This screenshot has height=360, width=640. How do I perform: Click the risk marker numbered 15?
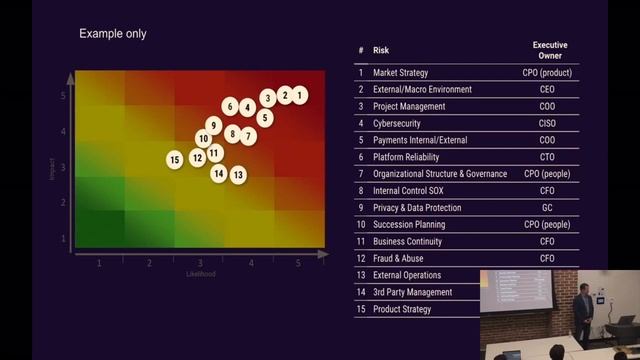pyautogui.click(x=175, y=159)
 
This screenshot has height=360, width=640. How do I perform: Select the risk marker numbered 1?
pyautogui.click(x=301, y=95)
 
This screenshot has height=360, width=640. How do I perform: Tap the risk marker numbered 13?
pyautogui.click(x=238, y=175)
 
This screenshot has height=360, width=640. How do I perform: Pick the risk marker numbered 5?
pyautogui.click(x=265, y=117)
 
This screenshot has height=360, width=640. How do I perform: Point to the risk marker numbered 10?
pyautogui.click(x=204, y=139)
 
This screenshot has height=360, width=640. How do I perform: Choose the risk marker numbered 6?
pyautogui.click(x=230, y=106)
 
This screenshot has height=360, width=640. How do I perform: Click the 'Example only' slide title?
pyautogui.click(x=113, y=34)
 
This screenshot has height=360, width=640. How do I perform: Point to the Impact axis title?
pyautogui.click(x=52, y=167)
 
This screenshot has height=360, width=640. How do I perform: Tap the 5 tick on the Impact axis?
pyautogui.click(x=63, y=96)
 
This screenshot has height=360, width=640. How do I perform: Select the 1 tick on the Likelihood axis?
pyautogui.click(x=99, y=262)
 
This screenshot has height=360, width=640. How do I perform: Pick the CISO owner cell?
pyautogui.click(x=546, y=123)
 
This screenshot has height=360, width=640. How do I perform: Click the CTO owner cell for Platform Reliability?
pyautogui.click(x=546, y=157)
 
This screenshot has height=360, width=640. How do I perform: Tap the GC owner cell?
pyautogui.click(x=546, y=208)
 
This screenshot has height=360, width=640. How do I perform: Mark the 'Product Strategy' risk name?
pyautogui.click(x=402, y=309)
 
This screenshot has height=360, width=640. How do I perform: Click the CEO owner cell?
pyautogui.click(x=546, y=89)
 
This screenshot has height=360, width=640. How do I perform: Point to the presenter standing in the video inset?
pyautogui.click(x=583, y=311)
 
